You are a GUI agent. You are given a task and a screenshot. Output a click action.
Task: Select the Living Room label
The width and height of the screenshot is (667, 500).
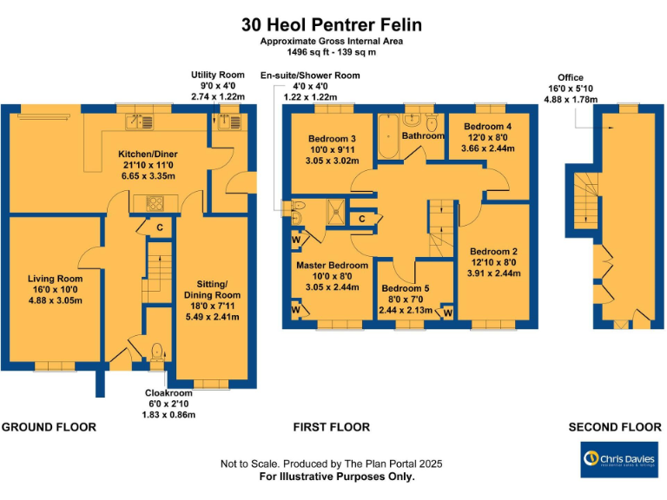tap(54, 279)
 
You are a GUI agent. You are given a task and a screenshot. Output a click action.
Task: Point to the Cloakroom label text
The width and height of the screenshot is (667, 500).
tap(168, 393)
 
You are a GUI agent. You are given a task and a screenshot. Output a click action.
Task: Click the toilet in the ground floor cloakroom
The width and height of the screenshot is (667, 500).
tap(157, 352)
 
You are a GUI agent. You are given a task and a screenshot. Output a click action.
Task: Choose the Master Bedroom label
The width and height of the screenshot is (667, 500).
tap(332, 265)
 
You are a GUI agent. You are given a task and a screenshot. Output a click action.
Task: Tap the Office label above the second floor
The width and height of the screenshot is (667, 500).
tap(571, 77)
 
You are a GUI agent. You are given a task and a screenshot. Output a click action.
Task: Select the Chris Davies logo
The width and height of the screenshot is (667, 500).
tap(618, 459)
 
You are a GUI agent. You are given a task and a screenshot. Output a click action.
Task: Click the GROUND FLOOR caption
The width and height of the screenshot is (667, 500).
tap(49, 427)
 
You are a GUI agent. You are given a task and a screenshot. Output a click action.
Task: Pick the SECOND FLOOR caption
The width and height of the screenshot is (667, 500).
tap(615, 427)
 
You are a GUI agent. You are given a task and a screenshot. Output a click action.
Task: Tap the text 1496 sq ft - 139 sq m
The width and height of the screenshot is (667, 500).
tap(333, 52)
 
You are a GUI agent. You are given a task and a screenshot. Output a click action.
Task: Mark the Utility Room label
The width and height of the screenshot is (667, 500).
tap(217, 76)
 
